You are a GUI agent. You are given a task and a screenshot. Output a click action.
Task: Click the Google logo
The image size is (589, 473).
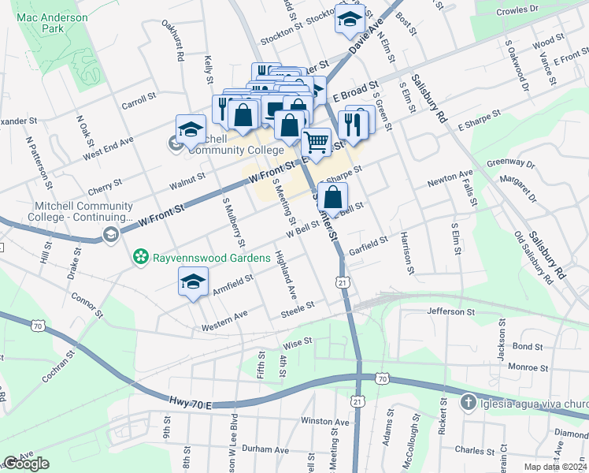[26, 464]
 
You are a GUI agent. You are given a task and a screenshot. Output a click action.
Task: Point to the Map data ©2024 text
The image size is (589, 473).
[556, 467]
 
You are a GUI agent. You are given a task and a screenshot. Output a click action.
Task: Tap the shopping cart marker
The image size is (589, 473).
[316, 142]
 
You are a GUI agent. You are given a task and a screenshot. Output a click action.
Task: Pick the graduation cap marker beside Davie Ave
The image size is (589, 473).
[349, 19]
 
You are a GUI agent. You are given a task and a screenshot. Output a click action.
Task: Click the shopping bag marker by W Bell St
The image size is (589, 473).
[333, 197]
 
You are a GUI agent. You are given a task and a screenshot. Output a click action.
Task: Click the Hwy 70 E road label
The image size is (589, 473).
[190, 404]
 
